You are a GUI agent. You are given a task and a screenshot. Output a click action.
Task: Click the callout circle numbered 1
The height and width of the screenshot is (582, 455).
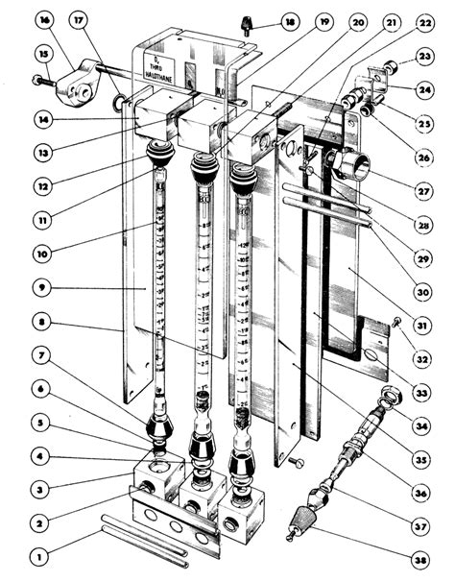(38, 554)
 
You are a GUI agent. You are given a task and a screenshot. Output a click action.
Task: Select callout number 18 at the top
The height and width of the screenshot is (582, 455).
(289, 22)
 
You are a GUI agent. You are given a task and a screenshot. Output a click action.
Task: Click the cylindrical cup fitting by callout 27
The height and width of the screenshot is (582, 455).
(347, 167)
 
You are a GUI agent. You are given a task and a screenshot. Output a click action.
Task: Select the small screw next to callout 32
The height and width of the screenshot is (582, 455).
(396, 324)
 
